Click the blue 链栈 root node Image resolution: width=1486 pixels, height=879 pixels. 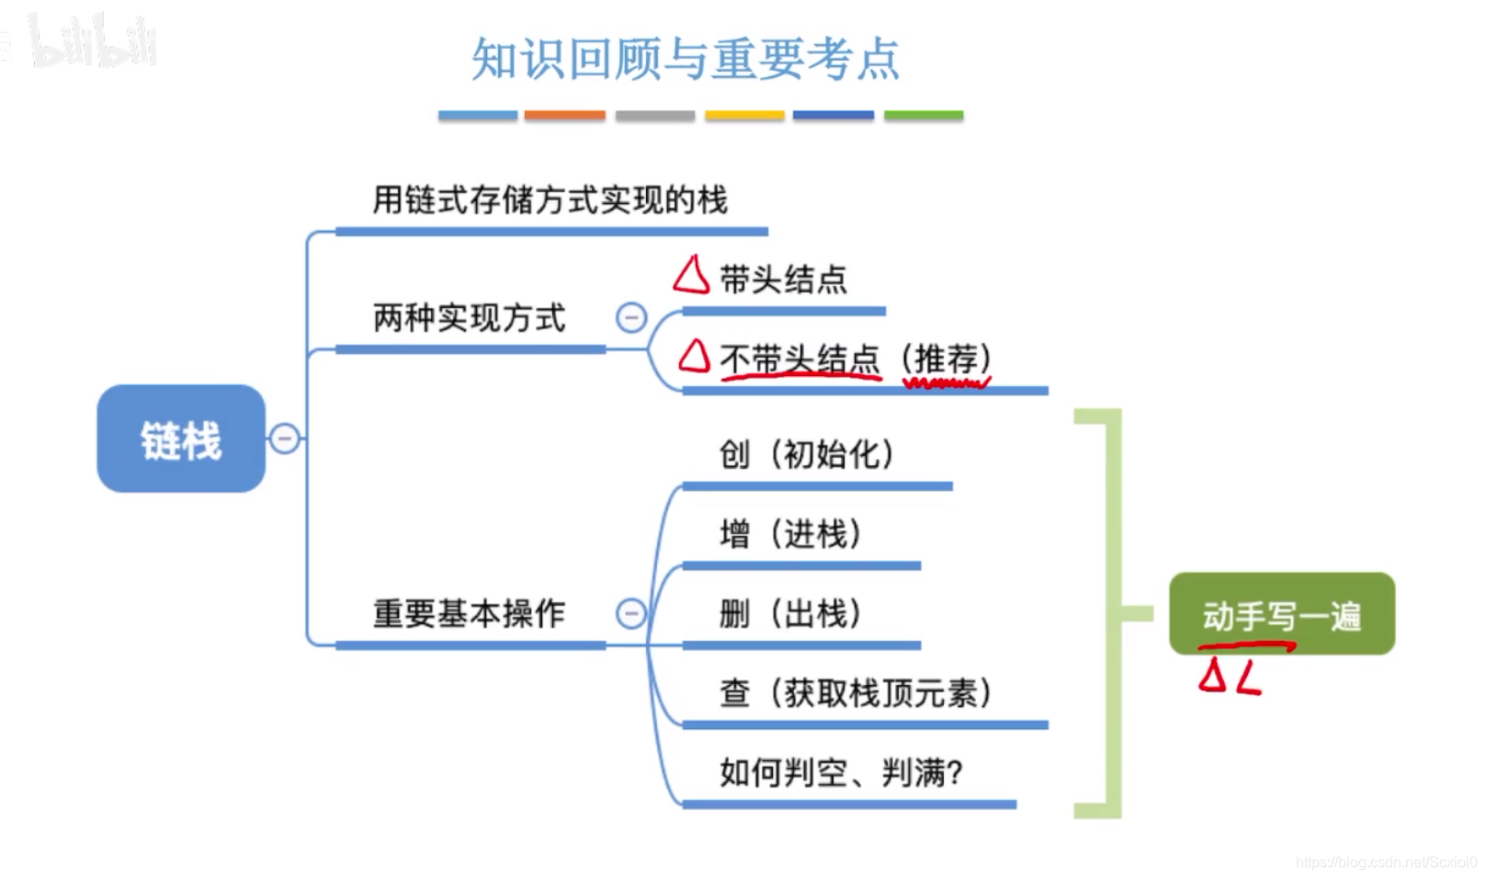[x=181, y=439]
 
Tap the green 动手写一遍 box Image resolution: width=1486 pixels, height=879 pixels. [x=1281, y=613]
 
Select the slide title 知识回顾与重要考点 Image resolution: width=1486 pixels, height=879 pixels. [x=685, y=59]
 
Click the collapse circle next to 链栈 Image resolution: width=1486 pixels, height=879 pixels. [x=285, y=439]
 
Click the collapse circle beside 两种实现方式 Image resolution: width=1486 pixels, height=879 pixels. [x=631, y=318]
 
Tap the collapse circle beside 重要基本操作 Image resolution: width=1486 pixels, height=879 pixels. [x=631, y=613]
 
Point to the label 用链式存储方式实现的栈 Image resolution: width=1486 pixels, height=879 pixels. [x=550, y=200]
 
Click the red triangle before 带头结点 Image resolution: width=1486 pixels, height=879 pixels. [x=691, y=275]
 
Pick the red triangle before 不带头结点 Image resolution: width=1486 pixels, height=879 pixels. [x=695, y=356]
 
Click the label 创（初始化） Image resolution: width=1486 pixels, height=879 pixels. [x=806, y=453]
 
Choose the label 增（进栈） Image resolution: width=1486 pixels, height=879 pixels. [x=790, y=533]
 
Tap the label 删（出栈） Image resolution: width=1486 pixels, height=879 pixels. [x=790, y=613]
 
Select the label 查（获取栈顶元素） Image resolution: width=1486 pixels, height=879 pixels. [x=856, y=692]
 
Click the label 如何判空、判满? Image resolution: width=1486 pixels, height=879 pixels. [x=841, y=772]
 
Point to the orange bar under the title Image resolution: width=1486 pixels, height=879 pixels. [x=564, y=116]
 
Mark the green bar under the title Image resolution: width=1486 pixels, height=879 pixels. [x=923, y=116]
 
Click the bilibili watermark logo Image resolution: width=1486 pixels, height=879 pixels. [x=92, y=41]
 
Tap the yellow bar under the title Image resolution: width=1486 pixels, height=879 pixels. [x=744, y=116]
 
